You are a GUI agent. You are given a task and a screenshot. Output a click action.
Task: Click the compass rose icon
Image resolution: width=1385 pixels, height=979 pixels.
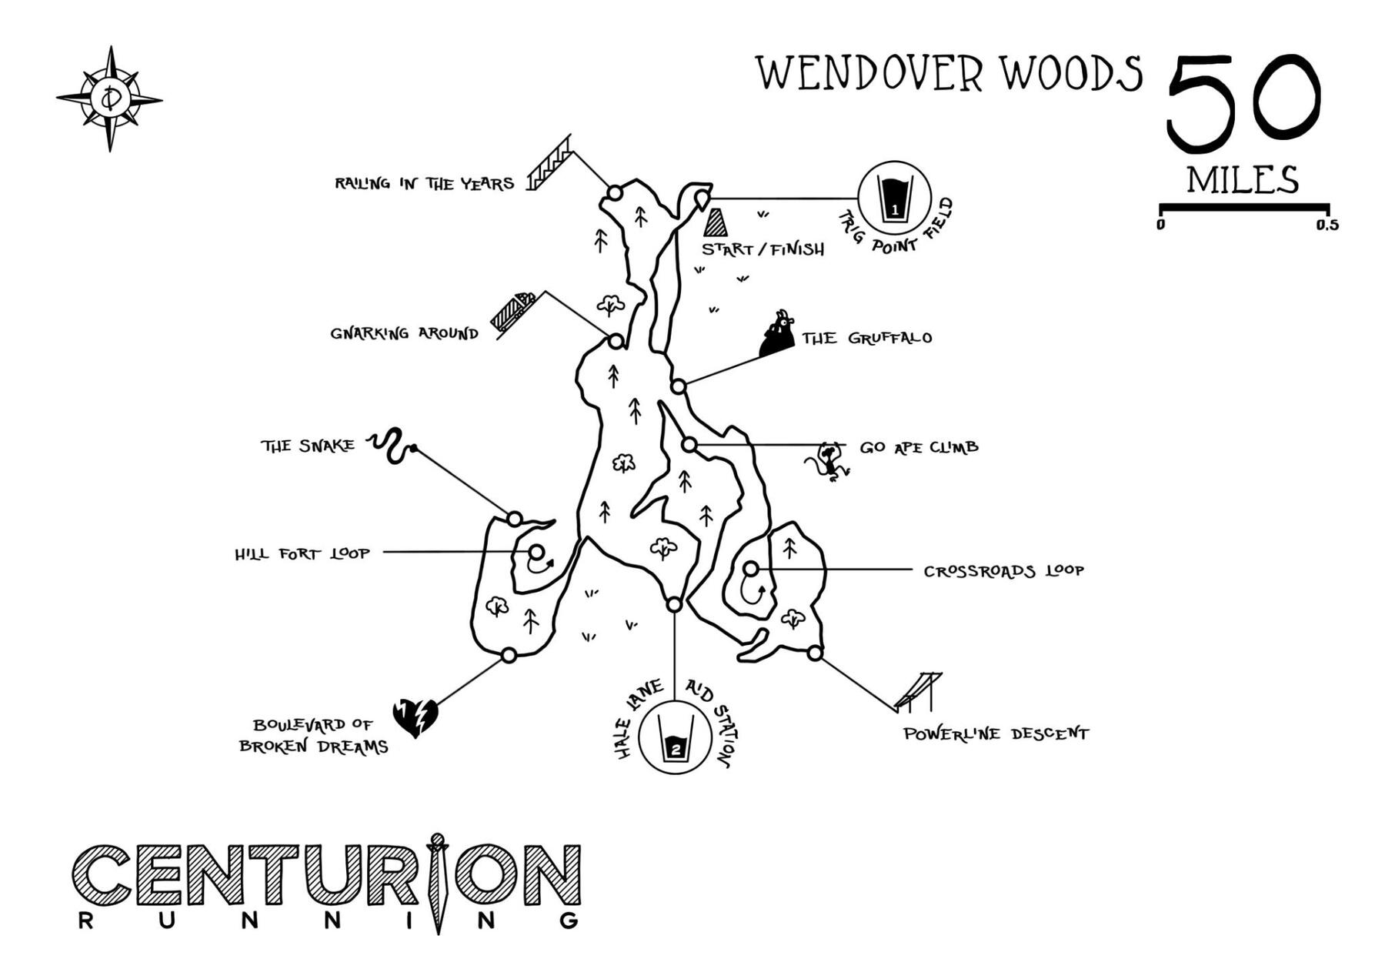(x=110, y=99)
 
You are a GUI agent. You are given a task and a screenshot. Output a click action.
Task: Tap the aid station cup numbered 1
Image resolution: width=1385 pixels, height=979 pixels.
(x=893, y=198)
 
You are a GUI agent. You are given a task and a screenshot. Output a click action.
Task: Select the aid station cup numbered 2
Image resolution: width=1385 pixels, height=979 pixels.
(x=675, y=737)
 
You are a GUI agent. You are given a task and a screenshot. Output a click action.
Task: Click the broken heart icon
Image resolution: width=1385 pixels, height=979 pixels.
(x=415, y=717)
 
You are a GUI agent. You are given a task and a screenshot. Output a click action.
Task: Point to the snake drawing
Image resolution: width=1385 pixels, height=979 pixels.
(x=391, y=446)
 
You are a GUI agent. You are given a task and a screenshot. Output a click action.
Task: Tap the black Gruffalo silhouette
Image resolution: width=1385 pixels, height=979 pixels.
(x=777, y=334)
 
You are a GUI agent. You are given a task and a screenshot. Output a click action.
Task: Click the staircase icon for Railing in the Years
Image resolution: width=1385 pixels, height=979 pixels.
(x=549, y=163)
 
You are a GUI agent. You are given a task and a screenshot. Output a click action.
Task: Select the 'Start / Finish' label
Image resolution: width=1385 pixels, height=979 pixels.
(x=763, y=249)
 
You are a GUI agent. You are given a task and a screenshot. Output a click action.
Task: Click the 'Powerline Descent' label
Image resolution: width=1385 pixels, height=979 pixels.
(x=996, y=733)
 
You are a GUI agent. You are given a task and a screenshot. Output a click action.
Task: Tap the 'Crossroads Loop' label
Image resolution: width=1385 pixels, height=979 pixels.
(x=1003, y=571)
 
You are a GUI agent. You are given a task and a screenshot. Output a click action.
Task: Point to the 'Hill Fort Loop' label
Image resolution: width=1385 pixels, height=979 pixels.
(x=302, y=553)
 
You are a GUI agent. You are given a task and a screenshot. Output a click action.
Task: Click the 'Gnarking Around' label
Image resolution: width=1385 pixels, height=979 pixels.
(x=404, y=333)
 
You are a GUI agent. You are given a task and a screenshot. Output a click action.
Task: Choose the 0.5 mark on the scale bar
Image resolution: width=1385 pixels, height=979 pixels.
(x=1327, y=225)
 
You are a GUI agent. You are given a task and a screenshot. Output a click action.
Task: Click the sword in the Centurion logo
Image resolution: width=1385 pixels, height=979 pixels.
(x=438, y=882)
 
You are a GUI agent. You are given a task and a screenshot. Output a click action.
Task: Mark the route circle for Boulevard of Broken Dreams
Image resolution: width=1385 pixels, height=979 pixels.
(x=509, y=655)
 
